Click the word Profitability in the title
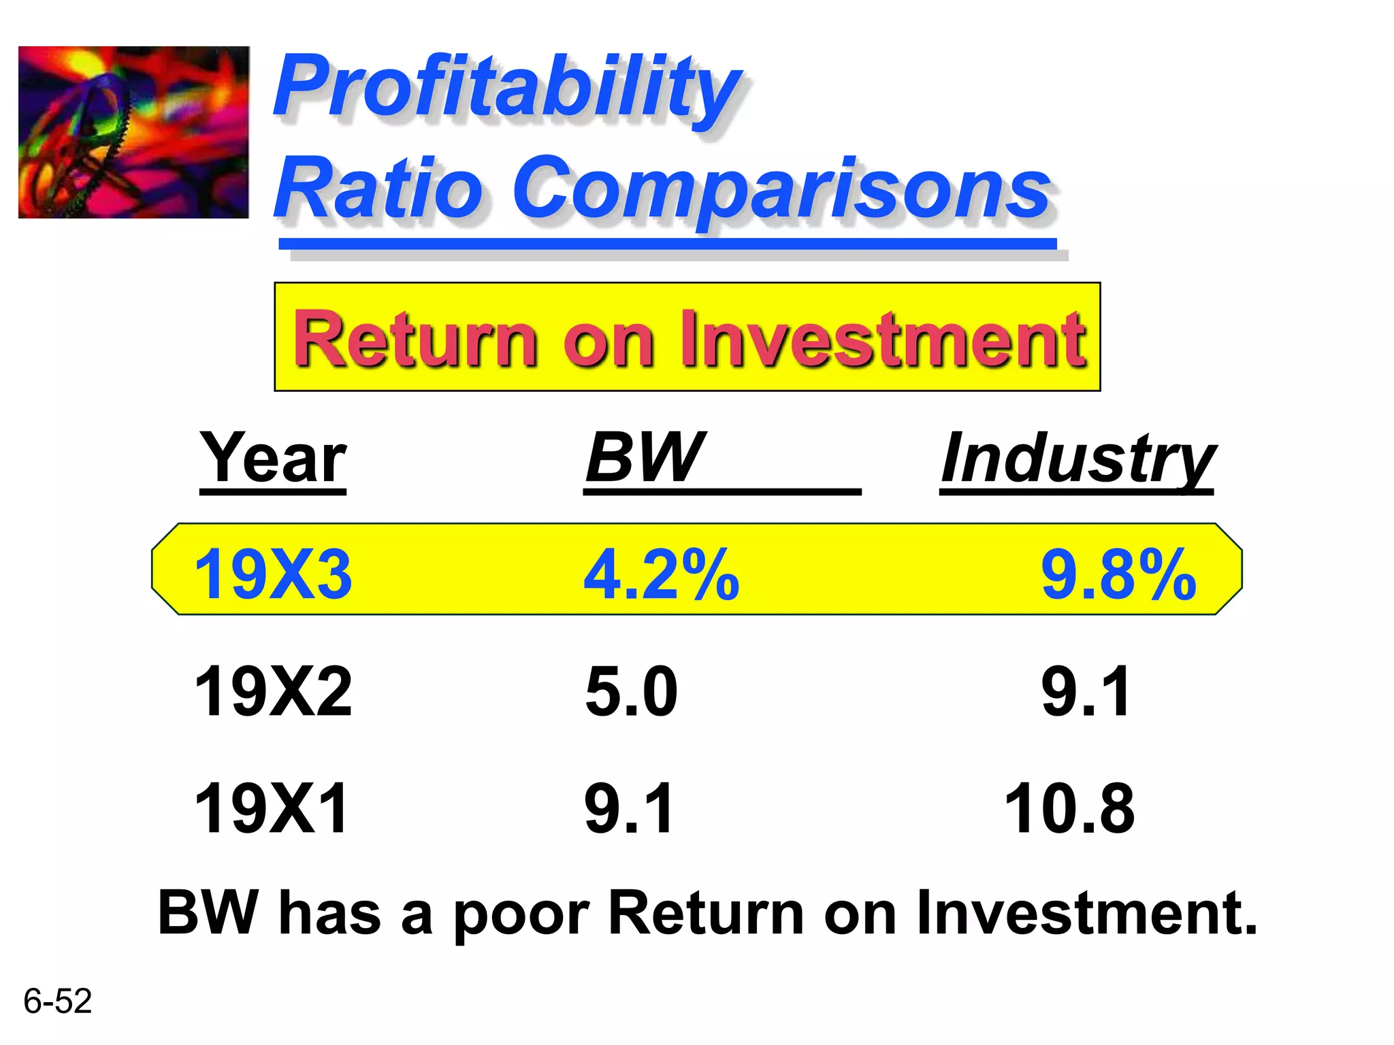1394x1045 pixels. [507, 88]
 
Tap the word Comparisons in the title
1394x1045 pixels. [783, 189]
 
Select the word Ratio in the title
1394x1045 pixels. [378, 189]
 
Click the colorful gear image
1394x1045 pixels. [133, 132]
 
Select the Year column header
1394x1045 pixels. [273, 459]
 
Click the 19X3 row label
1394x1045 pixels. [273, 575]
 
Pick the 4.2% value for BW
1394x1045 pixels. [661, 575]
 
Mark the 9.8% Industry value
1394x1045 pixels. [1118, 575]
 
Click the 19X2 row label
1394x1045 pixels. [273, 692]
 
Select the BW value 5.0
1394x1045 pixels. [631, 692]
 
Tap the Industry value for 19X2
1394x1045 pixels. [1086, 692]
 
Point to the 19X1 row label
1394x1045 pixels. [271, 808]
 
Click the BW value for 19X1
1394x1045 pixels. [629, 808]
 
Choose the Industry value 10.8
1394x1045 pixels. [1069, 808]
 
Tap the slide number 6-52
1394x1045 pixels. [57, 1001]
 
